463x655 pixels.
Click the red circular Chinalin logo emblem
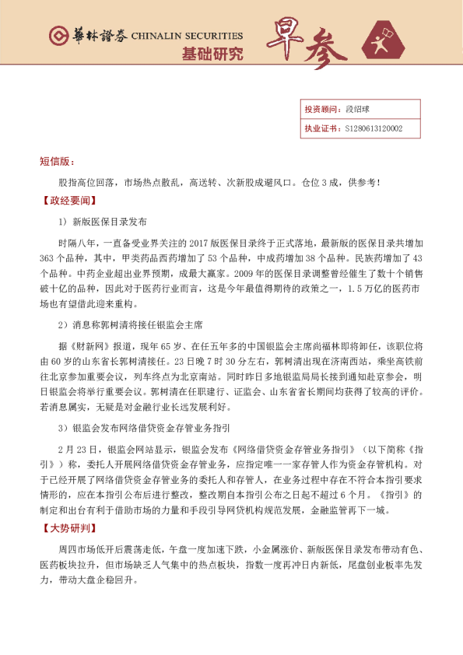pos(56,36)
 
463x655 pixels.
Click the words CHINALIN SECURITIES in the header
pos(187,36)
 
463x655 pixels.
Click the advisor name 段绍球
pos(357,110)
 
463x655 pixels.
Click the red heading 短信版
pos(56,161)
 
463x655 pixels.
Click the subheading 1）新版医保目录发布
pos(102,220)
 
